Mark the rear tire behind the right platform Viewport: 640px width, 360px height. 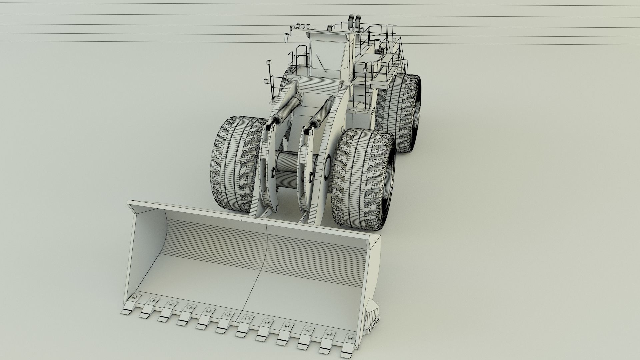403,113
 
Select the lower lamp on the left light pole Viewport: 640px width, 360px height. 266,81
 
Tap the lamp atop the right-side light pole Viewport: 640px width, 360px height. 365,70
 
